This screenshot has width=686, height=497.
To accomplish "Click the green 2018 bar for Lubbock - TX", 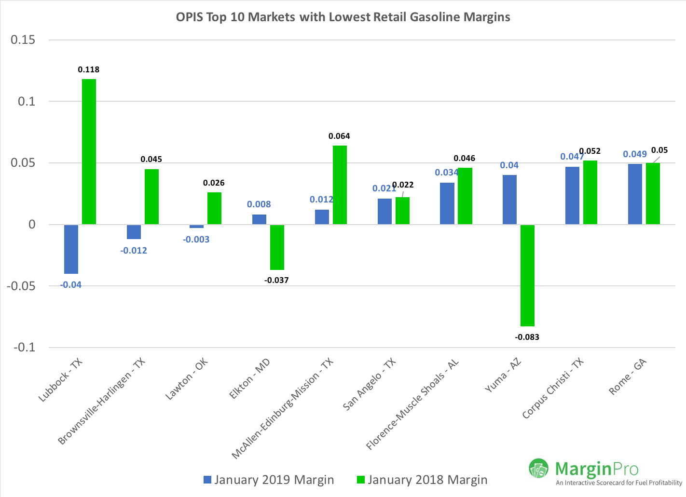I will (x=89, y=151).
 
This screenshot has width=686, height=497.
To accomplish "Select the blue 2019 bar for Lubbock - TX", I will (x=71, y=249).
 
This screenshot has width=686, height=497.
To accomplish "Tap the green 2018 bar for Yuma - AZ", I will (x=527, y=275).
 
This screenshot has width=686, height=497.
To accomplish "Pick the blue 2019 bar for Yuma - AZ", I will (x=509, y=200).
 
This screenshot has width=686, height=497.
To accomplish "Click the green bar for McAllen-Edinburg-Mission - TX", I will (x=340, y=185).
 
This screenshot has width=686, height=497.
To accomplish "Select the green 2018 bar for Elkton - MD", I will (x=277, y=247).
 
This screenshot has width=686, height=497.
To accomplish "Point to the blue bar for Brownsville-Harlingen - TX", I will (x=134, y=232).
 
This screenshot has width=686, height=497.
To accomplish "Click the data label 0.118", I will (x=89, y=70).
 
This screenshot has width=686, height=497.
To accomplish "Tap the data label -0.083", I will (x=527, y=337).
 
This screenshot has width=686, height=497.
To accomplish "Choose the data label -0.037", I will (x=276, y=280).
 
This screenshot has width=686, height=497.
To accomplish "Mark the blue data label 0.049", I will (x=634, y=154).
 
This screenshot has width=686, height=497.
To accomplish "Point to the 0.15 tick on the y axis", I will (x=23, y=40).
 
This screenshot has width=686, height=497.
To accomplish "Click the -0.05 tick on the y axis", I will (x=21, y=286).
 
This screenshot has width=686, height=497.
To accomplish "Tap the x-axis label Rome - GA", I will (x=627, y=377).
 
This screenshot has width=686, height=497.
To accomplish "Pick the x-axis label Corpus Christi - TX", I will (x=553, y=389).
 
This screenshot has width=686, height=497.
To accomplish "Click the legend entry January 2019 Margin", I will (x=269, y=480).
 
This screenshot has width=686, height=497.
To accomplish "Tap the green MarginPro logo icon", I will (x=538, y=468).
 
